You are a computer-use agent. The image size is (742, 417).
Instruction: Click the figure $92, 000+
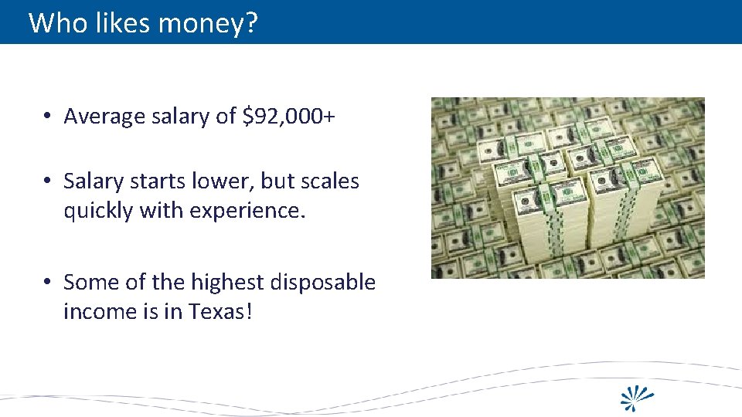pos(288,116)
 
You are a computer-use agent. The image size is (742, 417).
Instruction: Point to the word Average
pos(104,116)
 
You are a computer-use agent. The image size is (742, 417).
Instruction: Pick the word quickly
pos(98,211)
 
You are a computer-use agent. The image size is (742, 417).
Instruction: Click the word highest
pos(224,282)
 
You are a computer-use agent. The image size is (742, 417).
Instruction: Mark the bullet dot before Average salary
pos(48,117)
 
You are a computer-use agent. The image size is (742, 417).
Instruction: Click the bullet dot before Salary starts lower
pos(48,181)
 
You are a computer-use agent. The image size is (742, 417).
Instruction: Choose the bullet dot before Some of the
pos(48,283)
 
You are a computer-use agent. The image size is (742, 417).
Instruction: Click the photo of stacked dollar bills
pos(567,188)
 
